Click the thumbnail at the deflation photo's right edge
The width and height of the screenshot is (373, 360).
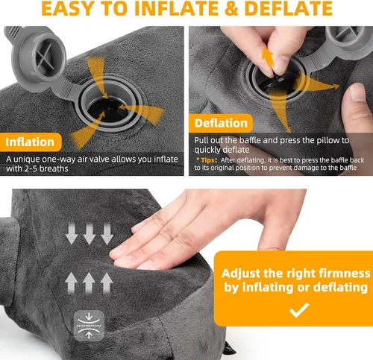(x=359, y=92)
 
